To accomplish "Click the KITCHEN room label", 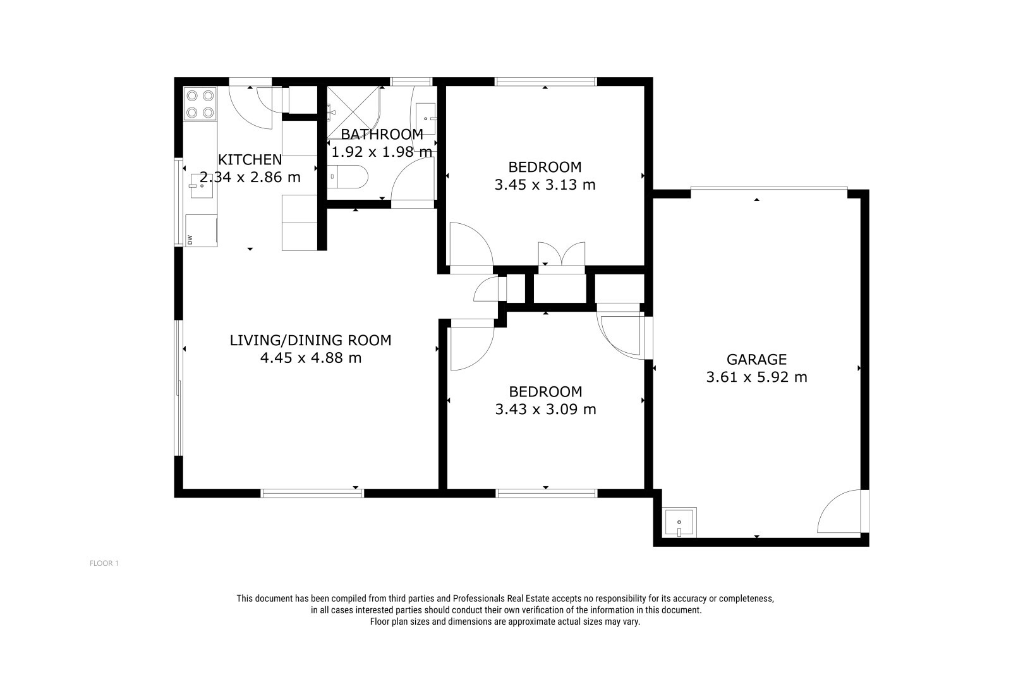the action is (250, 159).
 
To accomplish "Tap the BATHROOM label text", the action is (382, 134).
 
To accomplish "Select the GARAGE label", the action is (756, 359).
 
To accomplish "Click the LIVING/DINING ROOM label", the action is (310, 340).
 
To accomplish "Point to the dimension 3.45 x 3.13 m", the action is (545, 185).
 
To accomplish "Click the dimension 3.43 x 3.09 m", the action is (545, 409).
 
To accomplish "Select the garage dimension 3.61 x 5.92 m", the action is (756, 377).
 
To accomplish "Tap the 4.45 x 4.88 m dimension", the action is (310, 358).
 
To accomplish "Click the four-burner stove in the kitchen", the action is (200, 104).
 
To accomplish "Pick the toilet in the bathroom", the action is (348, 176).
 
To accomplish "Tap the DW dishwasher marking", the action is (190, 240).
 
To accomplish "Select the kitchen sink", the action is (202, 186).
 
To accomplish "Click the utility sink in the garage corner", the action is (679, 522).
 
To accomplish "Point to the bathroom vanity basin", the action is (425, 118).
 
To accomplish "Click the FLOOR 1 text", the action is (104, 563).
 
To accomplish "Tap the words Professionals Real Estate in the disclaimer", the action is (501, 599).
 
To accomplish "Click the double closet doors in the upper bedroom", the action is (562, 254).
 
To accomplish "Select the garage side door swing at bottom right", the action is (840, 511).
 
